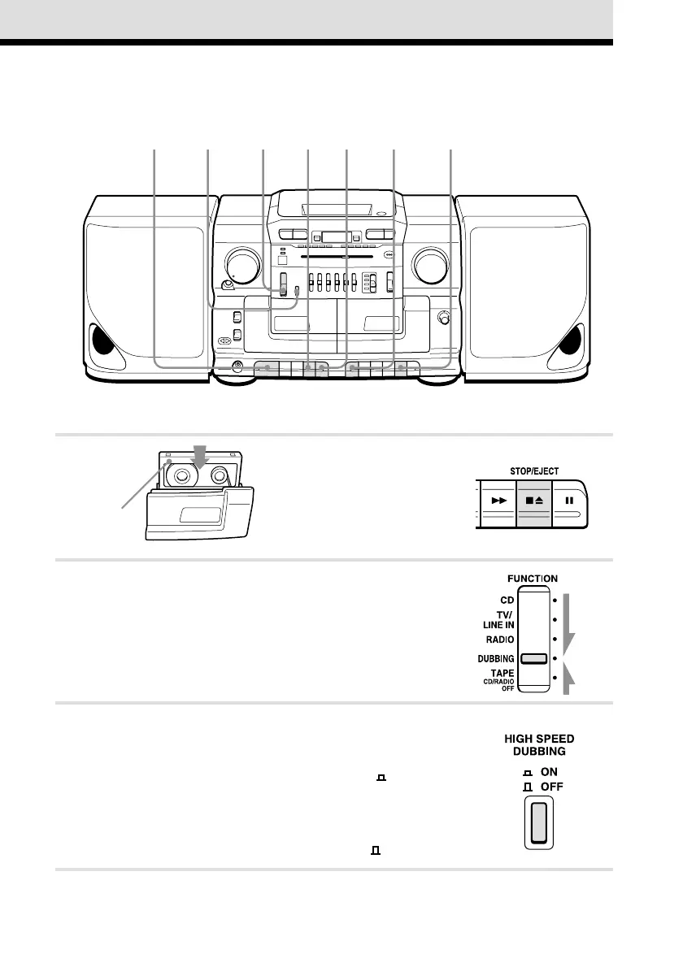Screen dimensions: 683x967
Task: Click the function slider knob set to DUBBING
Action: [x=533, y=658]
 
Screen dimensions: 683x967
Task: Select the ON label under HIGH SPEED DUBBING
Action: [x=550, y=771]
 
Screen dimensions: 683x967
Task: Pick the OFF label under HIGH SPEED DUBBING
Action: [x=552, y=787]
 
